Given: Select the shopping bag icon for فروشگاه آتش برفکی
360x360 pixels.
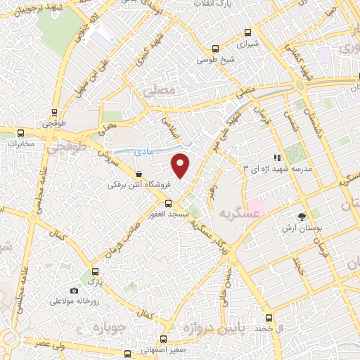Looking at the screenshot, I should pos(139,174).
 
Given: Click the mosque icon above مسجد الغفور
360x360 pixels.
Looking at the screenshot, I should pos(167,202).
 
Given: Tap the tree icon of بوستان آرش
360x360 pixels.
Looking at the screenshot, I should pos(302,216).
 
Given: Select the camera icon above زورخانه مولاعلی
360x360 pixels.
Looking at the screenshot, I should pos(74,290).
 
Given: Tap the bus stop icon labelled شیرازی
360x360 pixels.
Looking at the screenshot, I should pos(247,32).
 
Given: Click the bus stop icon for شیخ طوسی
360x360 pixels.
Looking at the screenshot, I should pos(215,49).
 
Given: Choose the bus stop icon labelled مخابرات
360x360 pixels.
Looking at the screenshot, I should pos(20,133).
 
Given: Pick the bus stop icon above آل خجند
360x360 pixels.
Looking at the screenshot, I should pos(267,318).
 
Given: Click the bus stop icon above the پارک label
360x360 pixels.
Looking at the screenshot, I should pos(94,271).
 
